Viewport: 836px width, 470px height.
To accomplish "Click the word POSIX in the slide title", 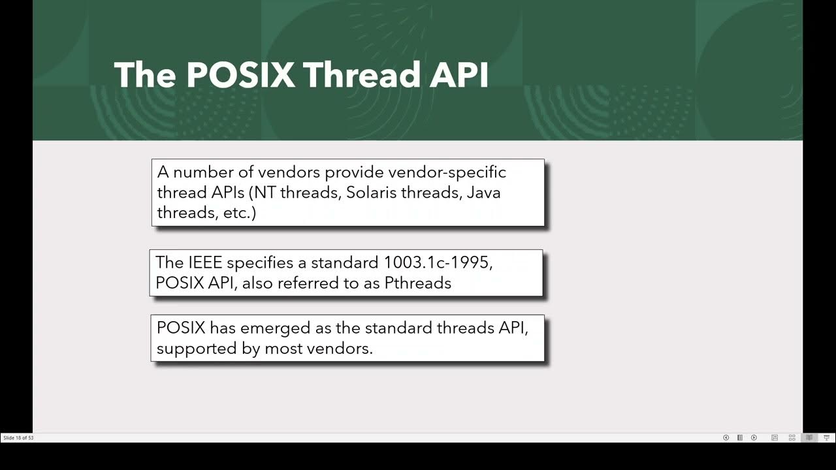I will (240, 75).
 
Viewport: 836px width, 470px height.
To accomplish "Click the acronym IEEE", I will (205, 262).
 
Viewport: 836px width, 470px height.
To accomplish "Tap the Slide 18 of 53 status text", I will (18, 438).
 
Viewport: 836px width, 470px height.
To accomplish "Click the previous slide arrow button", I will (726, 438).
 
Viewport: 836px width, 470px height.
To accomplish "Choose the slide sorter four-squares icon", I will (792, 438).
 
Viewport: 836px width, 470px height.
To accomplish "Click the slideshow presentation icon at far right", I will (826, 438).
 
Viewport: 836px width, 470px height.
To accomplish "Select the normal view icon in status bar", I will (775, 438).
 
